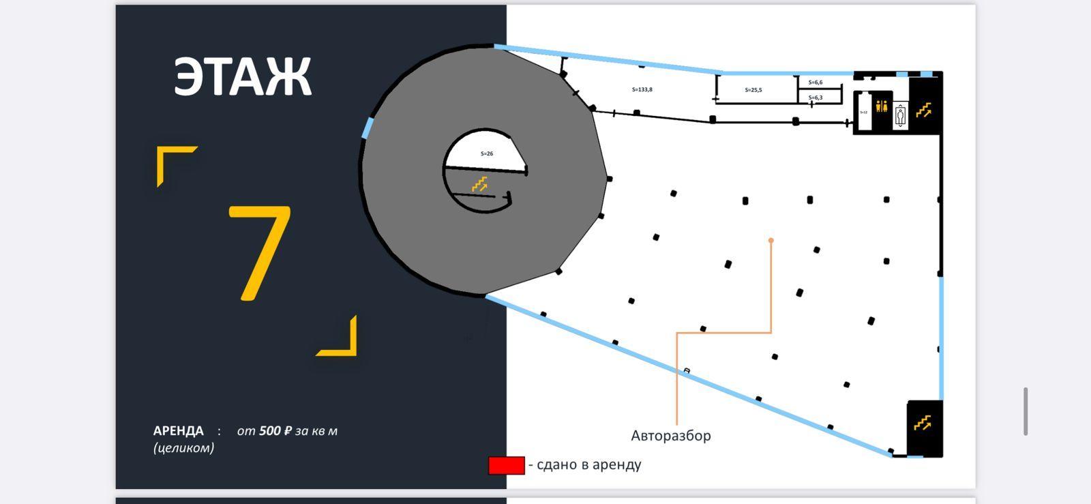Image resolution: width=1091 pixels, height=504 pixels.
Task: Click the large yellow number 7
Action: coord(260,252)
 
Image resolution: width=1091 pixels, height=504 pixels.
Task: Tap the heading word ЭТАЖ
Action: coord(243,77)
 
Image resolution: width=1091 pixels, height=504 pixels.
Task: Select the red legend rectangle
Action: coord(507,466)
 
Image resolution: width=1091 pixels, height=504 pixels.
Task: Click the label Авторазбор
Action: coord(671,436)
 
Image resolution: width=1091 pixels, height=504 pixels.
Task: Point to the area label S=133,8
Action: coord(642,89)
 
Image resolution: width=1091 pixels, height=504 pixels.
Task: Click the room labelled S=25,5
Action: coord(753,90)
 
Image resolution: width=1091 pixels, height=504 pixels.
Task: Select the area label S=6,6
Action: coord(816,83)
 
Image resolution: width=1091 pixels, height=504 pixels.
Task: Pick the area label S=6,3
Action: coord(816,98)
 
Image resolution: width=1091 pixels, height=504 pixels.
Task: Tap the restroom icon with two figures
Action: coord(882,106)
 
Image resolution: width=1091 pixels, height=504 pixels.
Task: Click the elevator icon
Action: coord(901,115)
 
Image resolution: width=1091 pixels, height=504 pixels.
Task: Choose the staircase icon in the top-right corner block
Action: coord(924,110)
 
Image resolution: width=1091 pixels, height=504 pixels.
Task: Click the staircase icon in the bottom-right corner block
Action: coord(923,423)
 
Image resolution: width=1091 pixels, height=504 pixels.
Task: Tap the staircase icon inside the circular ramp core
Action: coord(480,183)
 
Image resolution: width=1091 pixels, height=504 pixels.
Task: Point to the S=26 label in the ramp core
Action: coord(487,154)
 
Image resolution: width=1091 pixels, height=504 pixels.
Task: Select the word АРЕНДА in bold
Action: coord(179,431)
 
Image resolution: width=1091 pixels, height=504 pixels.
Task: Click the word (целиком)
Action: coord(183,448)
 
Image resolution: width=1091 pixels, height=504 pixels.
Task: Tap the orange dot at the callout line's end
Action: coord(771,241)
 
